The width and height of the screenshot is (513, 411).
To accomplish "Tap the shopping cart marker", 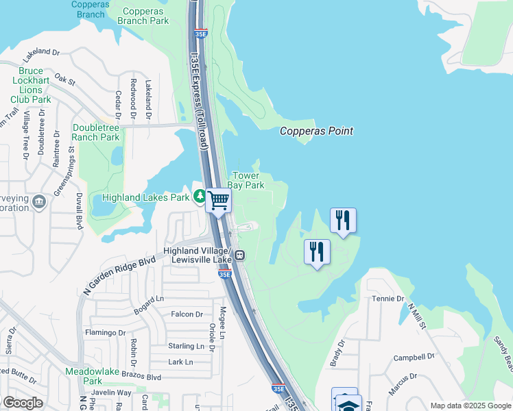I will (x=219, y=201).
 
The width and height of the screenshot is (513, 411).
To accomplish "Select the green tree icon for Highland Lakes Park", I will (x=200, y=197).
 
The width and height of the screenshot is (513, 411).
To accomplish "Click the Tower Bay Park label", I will (x=246, y=180).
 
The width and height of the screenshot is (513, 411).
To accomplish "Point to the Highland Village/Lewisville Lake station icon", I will (x=240, y=256).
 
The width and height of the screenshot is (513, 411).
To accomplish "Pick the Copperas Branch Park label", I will (x=143, y=16).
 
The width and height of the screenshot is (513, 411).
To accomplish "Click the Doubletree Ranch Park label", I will (x=96, y=132).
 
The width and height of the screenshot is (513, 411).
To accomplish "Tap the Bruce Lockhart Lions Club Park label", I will (x=35, y=85).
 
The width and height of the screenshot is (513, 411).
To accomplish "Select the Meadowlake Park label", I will (x=84, y=375).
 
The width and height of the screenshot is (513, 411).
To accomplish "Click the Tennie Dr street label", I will (x=388, y=299).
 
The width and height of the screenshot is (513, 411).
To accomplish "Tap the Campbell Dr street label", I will (x=414, y=358).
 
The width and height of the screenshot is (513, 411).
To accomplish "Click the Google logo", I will (x=23, y=403).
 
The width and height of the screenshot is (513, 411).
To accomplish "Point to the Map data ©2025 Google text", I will (x=470, y=406).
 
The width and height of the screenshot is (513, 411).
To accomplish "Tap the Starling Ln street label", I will (x=186, y=347).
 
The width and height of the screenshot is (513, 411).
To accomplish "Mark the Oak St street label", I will (x=64, y=80).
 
